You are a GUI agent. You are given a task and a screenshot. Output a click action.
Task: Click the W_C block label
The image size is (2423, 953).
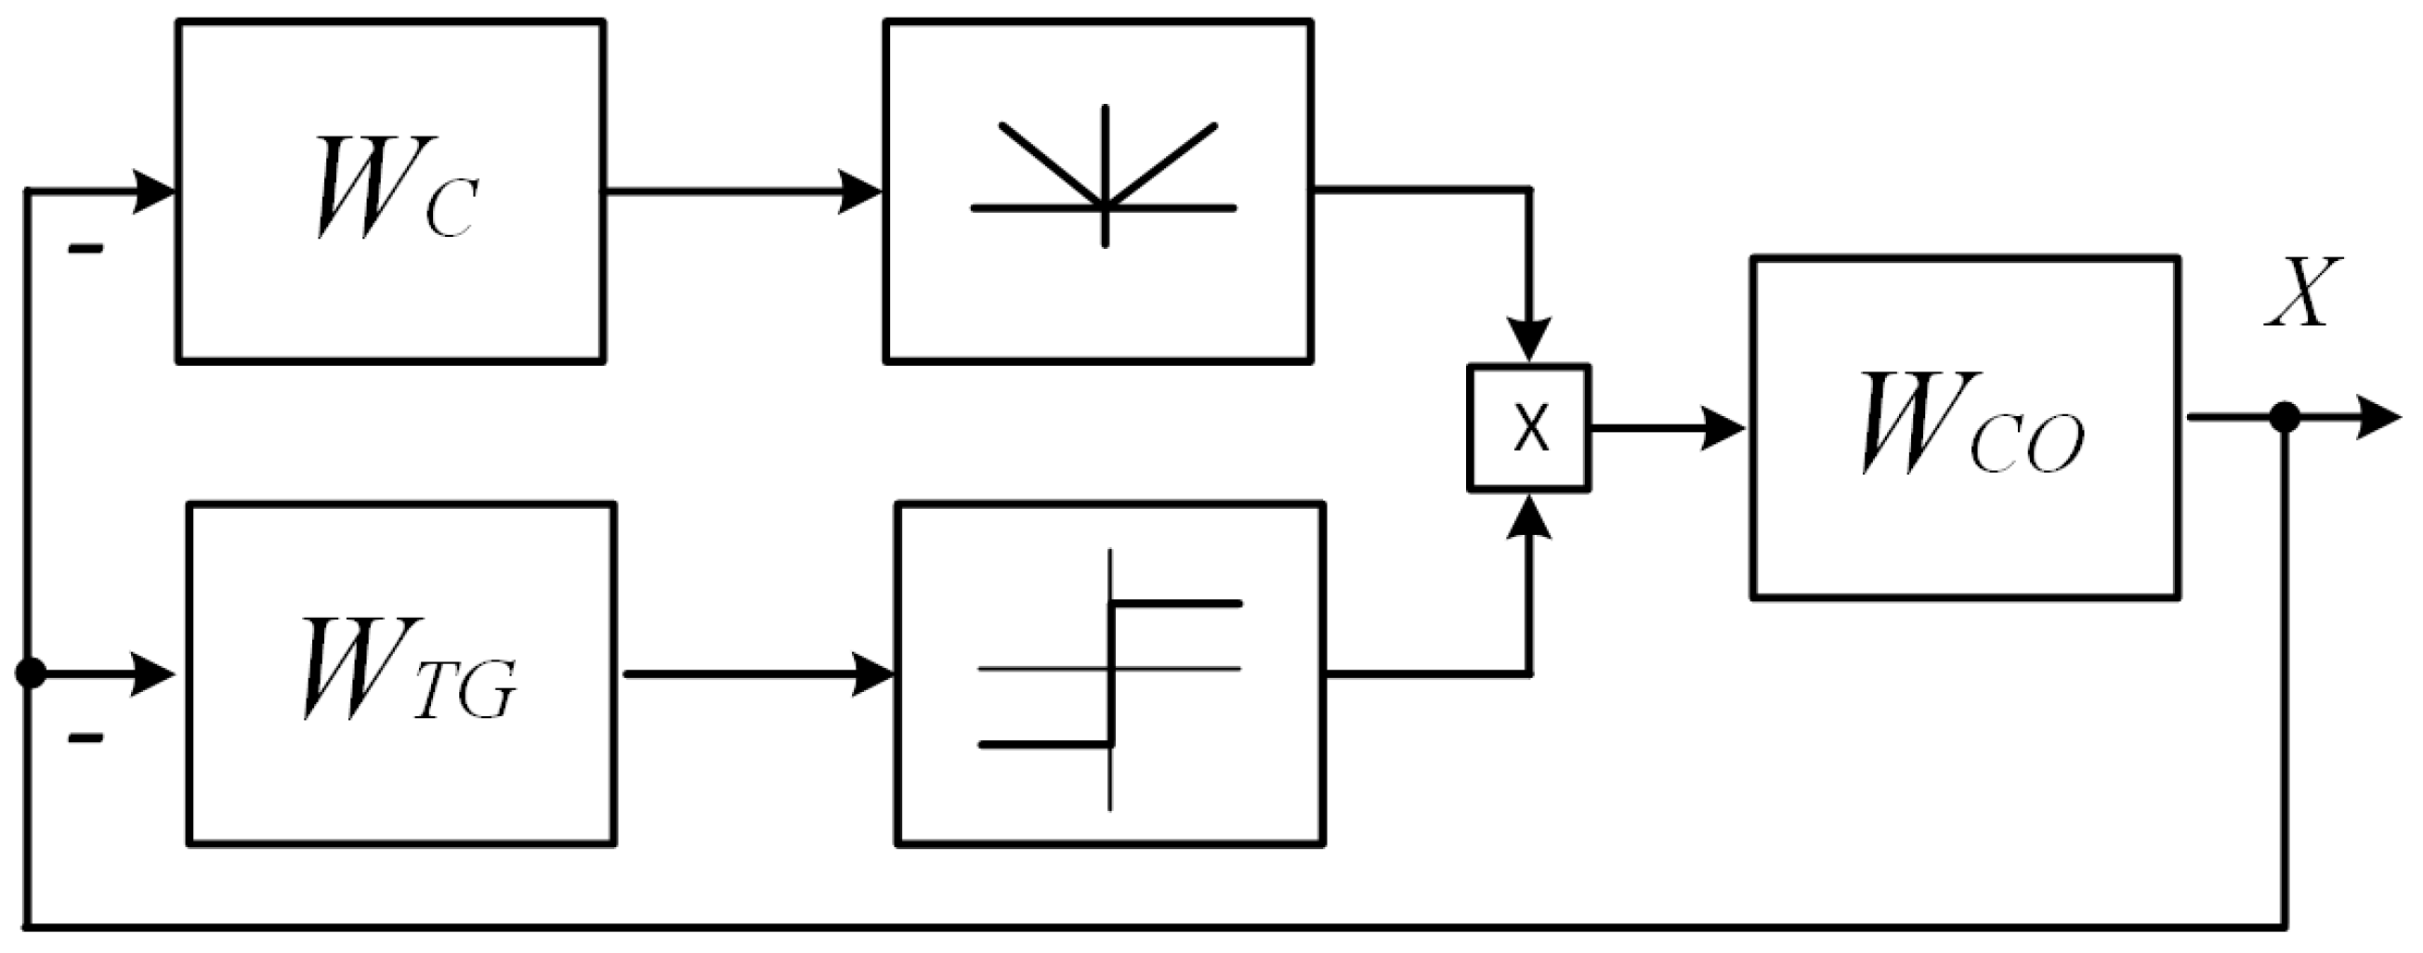(x=393, y=189)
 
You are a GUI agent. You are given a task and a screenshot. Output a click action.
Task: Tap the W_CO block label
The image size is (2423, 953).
(x=1971, y=424)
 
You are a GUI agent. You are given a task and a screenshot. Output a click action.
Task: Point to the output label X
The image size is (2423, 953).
(x=2300, y=293)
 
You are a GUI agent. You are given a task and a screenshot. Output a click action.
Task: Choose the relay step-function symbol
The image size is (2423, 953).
(x=1111, y=673)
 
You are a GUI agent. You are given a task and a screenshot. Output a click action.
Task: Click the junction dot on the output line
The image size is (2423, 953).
(x=2285, y=417)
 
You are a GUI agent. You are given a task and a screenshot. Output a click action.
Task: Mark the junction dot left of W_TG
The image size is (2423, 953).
(x=30, y=673)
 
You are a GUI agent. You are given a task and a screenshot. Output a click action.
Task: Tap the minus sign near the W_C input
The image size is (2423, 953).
(x=85, y=249)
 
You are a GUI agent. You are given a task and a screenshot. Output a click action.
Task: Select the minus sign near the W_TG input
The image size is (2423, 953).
(x=85, y=738)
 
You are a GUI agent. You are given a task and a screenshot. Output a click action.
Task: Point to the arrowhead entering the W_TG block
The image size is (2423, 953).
(x=151, y=674)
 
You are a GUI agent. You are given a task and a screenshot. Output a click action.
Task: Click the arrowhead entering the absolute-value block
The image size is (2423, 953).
(x=859, y=192)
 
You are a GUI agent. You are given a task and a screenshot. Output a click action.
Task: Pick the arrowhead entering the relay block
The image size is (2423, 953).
(x=873, y=674)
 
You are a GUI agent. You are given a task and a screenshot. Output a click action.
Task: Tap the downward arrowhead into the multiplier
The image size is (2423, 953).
(x=1529, y=340)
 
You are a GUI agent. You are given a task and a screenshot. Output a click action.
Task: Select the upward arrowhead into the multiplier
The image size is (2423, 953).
(x=1529, y=517)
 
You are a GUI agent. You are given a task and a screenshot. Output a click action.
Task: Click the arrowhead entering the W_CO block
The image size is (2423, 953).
(x=1725, y=429)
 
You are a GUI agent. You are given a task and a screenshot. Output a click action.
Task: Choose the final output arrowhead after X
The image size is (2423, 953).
(x=2377, y=417)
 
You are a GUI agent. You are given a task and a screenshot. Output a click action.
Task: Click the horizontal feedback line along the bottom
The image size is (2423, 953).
(x=1129, y=927)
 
